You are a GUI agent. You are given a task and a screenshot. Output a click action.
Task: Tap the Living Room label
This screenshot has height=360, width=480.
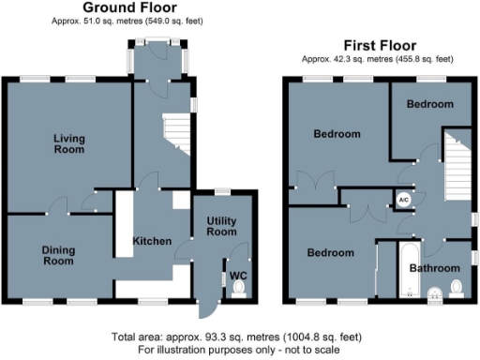pyautogui.click(x=68, y=143)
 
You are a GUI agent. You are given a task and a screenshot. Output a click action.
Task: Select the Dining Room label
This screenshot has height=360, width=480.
pyautogui.click(x=57, y=255)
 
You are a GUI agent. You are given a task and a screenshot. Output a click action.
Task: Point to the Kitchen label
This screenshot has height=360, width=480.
pyautogui.click(x=151, y=241)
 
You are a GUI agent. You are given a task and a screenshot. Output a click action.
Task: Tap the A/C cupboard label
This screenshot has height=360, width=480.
pyautogui.click(x=403, y=200)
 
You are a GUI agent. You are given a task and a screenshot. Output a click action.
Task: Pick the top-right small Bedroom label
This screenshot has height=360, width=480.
pyautogui.click(x=429, y=104)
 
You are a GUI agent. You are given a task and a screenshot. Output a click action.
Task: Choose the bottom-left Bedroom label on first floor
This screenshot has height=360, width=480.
pyautogui.click(x=331, y=253)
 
